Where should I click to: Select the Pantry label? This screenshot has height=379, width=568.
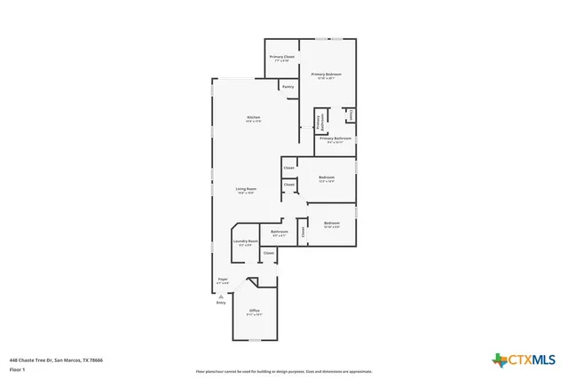[x=288, y=87]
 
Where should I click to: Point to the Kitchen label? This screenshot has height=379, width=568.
[x=253, y=119]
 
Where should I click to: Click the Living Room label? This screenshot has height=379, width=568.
[x=246, y=190]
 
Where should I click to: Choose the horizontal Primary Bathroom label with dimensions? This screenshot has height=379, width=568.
[x=335, y=139]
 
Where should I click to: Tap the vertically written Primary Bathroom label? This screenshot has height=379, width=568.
[x=319, y=122]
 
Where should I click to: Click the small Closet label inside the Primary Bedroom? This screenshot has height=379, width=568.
[x=351, y=114]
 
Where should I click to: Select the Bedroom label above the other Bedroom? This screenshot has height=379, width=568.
[x=326, y=178]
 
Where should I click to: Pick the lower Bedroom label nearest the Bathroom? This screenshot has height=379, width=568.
[x=331, y=224]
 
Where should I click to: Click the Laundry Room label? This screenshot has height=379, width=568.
[x=246, y=242]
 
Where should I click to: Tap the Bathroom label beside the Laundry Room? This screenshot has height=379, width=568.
[x=280, y=233]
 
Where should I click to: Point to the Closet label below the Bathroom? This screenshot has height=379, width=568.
[x=268, y=253]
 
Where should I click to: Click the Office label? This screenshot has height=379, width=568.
[x=254, y=312]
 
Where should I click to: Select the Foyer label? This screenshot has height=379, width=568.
[x=223, y=280]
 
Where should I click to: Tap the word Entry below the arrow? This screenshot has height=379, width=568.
[x=221, y=303]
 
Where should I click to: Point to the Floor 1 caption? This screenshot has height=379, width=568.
[x=17, y=370]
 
